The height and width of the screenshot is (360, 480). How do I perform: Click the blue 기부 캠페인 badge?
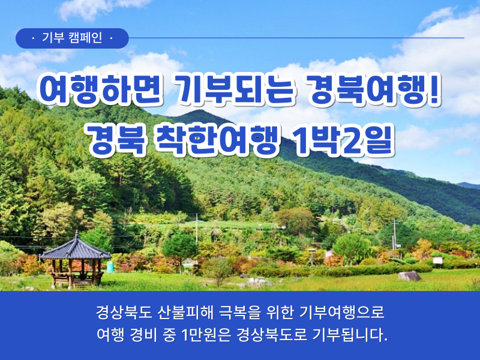coord(72,38)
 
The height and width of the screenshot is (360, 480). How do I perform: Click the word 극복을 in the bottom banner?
coord(239,313)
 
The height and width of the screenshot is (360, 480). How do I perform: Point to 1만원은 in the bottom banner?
coord(206,335)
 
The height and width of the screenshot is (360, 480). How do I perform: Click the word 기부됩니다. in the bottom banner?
coord(350,335)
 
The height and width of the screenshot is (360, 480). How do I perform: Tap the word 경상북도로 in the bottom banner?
coord(272,335)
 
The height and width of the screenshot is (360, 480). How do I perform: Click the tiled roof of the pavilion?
coord(76,250)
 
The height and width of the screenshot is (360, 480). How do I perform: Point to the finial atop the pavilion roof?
coord(77,234)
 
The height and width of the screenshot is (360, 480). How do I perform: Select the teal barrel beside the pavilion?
coord(110,267)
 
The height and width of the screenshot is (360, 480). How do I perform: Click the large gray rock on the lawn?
coord(409,276)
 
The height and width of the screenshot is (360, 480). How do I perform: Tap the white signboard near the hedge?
coord(438,260)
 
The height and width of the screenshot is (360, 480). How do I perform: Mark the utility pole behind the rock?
coord(395,234)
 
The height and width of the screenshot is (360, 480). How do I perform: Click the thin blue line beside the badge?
coord(296,38)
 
